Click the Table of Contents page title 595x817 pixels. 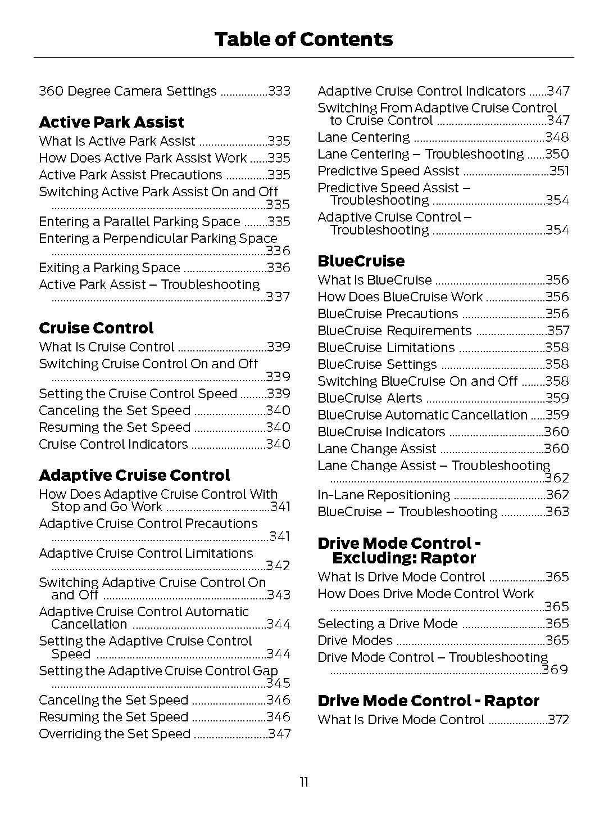pos(303,39)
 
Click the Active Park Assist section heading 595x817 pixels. pos(111,122)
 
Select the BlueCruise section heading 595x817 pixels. pos(361,261)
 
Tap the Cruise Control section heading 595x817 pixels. pos(96,328)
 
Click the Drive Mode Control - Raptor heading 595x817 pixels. pos(428,701)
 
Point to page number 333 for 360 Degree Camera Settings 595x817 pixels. pos(279,91)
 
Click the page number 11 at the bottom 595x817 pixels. pos(303,782)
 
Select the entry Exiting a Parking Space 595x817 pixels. pos(110,268)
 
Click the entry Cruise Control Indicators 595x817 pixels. pos(113,444)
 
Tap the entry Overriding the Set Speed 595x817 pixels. pos(115,734)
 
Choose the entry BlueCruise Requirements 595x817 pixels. pos(394,331)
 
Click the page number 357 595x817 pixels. pos(558,331)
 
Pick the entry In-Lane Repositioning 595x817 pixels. pos(384,495)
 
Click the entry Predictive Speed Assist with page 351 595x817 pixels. pos(388,171)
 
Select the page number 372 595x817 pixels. pos(558,720)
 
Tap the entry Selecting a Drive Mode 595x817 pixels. pos(388,624)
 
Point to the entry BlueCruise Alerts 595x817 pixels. pos(370,398)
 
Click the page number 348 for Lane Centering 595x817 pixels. pos(557,137)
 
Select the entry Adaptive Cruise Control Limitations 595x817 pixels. pos(146,553)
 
